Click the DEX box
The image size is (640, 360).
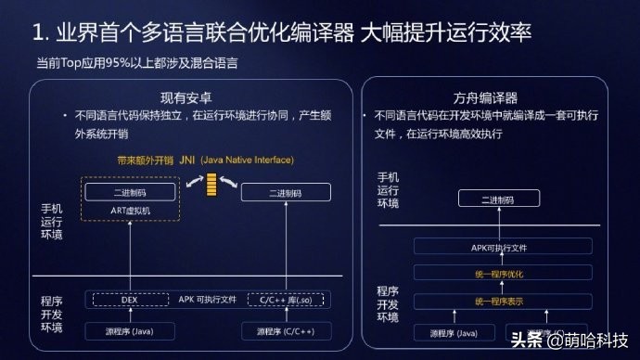point(129,300)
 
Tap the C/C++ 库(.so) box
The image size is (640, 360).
point(287,300)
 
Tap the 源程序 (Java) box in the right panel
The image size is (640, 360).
point(454,333)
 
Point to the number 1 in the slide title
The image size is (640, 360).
point(38,35)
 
